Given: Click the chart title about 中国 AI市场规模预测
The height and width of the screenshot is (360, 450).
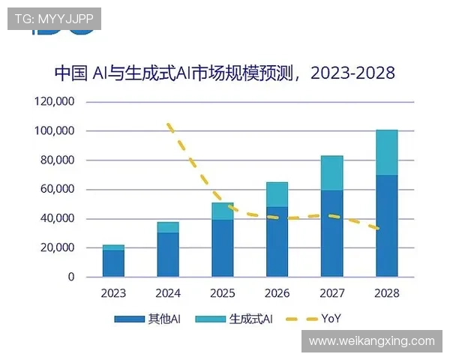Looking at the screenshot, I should tap(225, 73).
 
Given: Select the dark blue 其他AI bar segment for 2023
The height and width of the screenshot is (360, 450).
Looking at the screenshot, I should tap(113, 263).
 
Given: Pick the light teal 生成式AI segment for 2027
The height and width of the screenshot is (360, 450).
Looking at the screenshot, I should tap(331, 173).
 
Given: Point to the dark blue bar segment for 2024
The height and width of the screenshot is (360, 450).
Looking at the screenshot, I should tap(168, 254).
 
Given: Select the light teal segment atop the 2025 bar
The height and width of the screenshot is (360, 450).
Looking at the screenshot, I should tap(223, 211).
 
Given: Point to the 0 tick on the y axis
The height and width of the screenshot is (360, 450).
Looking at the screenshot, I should tap(71, 277).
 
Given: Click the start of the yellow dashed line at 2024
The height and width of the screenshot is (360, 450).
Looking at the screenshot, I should tap(168, 124).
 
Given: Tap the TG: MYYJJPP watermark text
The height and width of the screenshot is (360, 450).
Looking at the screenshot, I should tap(53, 19).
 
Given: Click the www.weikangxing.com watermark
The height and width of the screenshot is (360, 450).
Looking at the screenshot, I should tap(371, 341).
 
